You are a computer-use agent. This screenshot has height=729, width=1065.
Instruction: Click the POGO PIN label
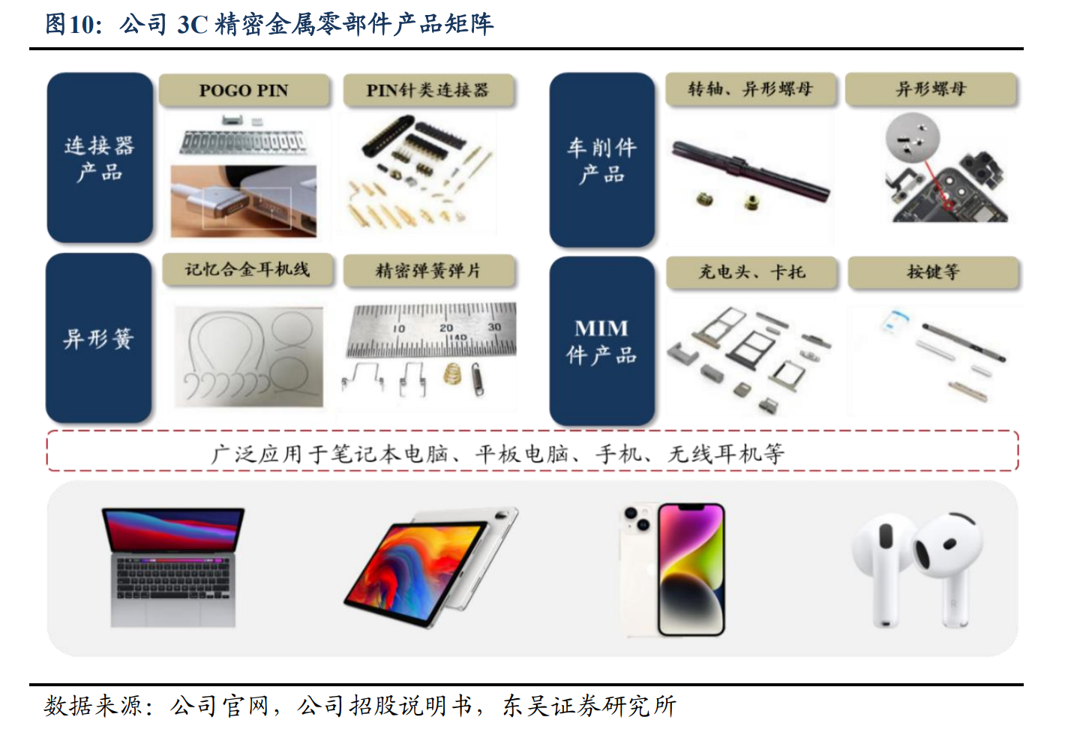pos(244,90)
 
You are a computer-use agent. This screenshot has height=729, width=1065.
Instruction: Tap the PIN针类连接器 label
pos(428,90)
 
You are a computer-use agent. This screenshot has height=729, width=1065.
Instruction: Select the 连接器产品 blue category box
pos(100,157)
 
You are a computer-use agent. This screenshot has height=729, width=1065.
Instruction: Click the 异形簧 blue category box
pos(99,338)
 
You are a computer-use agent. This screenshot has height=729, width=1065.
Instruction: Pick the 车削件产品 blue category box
pos(602,160)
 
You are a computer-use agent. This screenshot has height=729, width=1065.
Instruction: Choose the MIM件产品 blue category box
pos(602,341)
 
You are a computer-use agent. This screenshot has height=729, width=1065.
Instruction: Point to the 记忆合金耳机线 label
pos(247,270)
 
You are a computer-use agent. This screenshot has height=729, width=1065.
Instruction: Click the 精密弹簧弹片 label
pos(429,271)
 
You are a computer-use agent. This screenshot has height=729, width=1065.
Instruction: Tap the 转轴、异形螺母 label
pos(751,89)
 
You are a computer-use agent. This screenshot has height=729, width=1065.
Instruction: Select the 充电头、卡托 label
pos(751,272)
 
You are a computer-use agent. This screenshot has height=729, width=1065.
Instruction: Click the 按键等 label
pos(934,272)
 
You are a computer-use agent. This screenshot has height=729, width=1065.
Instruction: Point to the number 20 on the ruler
pos(446,328)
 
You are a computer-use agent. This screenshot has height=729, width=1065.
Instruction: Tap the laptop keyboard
pos(173,577)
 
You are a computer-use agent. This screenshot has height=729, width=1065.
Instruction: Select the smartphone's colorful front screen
pos(691,569)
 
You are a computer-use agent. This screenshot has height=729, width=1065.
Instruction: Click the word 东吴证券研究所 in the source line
pos(589,706)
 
